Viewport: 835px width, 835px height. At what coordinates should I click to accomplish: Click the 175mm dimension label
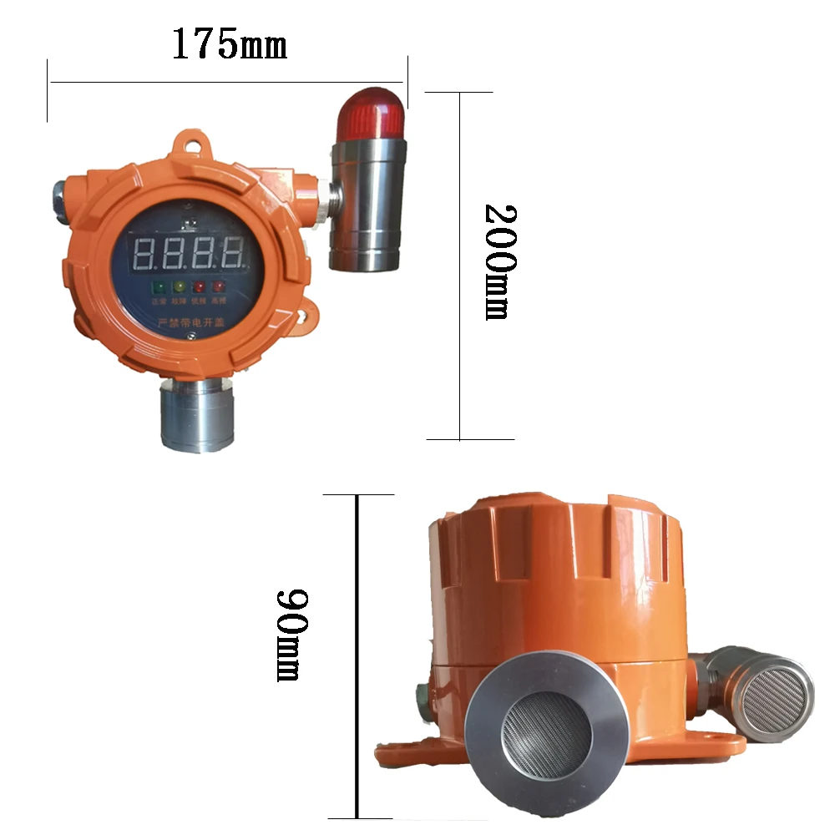[229, 43]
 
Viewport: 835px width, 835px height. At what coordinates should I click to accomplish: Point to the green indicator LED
[159, 287]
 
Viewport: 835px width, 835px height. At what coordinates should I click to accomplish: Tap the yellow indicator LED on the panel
[179, 287]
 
